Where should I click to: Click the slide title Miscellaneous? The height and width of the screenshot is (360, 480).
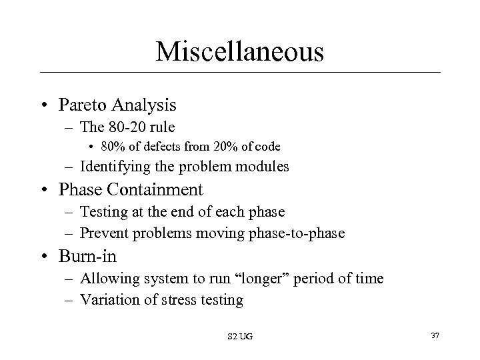pyautogui.click(x=240, y=51)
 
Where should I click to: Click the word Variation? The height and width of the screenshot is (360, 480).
pyautogui.click(x=107, y=299)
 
